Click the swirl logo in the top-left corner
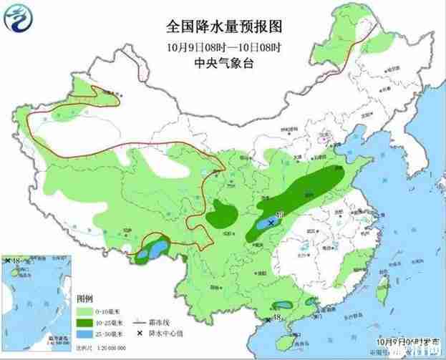pyautogui.click(x=21, y=19)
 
